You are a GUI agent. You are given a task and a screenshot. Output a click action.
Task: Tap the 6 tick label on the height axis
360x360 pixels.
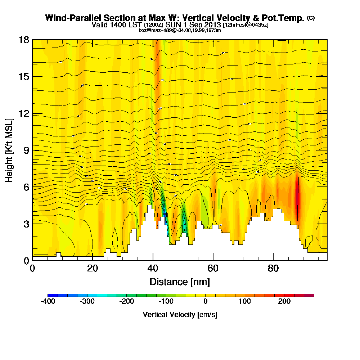[26, 187]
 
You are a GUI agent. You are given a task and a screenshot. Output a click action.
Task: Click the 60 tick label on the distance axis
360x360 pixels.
[213, 269]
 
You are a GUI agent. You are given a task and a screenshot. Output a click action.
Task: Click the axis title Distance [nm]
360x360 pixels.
[180, 282]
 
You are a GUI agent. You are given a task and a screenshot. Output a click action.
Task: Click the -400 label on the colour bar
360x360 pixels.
[48, 301]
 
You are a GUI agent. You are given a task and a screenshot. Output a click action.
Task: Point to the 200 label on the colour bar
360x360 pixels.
[284, 301]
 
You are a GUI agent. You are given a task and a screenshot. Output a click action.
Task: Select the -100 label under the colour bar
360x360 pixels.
[166, 301]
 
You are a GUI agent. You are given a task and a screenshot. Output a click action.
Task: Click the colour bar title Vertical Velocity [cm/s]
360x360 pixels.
[180, 315]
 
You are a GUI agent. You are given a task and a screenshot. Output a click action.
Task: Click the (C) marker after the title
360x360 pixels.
[311, 18]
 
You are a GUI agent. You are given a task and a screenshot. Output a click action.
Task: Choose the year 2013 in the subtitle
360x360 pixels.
[211, 25]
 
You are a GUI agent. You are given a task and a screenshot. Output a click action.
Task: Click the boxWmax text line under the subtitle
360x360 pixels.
[180, 30]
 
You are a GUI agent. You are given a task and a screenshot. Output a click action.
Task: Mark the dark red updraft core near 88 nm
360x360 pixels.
[298, 202]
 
